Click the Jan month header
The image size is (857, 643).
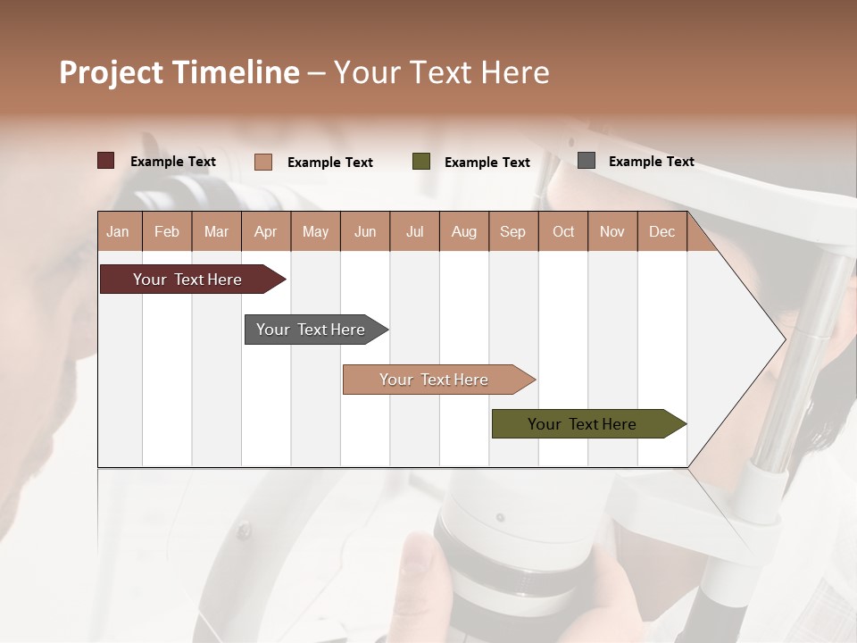point(118,231)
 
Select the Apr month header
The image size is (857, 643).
point(266,231)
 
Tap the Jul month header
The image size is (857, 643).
point(414,231)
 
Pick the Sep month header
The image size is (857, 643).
point(512,231)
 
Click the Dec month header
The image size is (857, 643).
point(661,231)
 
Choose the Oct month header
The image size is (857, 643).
point(562,231)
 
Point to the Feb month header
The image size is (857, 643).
point(167,231)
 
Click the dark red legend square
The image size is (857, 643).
point(105,161)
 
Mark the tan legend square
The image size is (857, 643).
point(262,162)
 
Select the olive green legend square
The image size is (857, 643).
point(420,162)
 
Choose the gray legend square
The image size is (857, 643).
point(586,161)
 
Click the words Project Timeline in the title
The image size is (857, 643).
point(179,72)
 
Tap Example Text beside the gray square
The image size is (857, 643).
point(651,162)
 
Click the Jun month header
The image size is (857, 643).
point(364,231)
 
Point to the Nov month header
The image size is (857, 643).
point(612,231)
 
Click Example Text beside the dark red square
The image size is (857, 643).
point(172,162)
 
